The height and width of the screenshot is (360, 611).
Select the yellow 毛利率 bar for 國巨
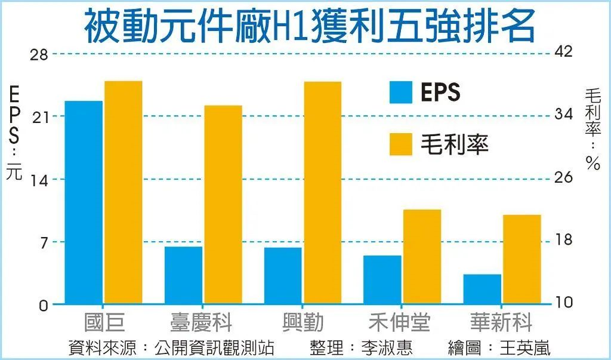123,192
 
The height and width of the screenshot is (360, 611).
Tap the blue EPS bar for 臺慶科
183,275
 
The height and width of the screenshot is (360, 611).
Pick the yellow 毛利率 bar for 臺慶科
223,204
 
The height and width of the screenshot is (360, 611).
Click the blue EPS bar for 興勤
283,275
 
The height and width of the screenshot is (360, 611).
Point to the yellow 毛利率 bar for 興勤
322,192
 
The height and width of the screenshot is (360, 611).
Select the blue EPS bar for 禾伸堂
382,279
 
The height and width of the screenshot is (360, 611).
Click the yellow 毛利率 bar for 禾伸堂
422,257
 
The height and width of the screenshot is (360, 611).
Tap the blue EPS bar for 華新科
482,289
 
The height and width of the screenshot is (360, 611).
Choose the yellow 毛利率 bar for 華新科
521,259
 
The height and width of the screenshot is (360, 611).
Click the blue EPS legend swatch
401,92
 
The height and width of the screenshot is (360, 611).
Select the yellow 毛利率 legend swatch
401,144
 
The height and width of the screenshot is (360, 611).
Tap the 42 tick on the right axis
563,52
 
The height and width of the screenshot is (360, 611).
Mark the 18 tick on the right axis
563,240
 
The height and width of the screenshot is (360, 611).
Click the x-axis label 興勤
303,323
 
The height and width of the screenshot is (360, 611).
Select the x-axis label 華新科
501,323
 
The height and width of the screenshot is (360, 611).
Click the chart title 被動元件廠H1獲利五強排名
309,26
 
